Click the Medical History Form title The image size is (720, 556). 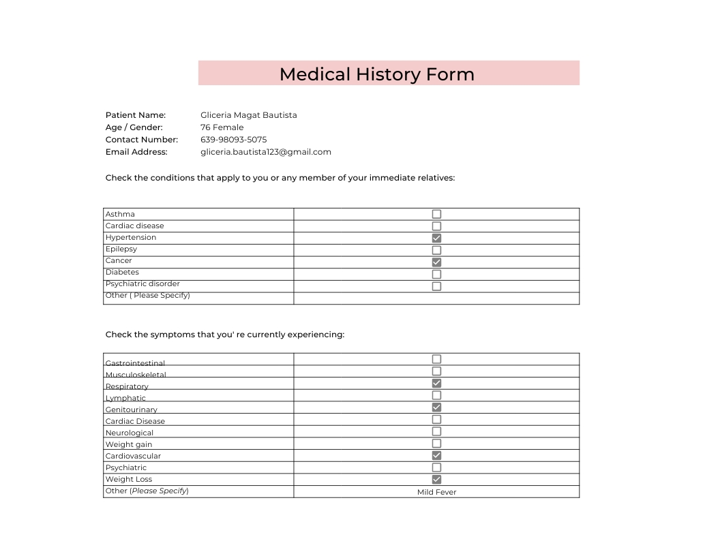coord(376,74)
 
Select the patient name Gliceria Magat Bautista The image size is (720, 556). coord(248,115)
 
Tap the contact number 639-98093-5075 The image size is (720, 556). coord(233,140)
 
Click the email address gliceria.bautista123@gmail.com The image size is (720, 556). coord(265,152)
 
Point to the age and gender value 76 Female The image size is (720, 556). coord(222,127)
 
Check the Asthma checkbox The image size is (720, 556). coord(436,214)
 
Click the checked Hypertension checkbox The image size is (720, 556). coord(436,238)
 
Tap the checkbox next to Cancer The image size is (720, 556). coord(436,262)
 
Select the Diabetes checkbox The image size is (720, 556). coord(436,274)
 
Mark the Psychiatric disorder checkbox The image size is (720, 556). coord(436,286)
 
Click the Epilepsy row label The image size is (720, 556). coord(121,249)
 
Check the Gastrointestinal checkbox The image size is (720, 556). coord(436,359)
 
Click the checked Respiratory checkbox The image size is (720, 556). coord(436,384)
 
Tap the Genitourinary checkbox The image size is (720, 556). coord(436,407)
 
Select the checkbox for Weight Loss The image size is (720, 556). coord(436,480)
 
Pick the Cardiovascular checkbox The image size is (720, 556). coord(436,455)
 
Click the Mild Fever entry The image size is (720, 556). coord(436,492)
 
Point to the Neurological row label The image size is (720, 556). coord(130,433)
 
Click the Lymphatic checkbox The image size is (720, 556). coord(436,395)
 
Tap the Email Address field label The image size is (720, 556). coord(136,152)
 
